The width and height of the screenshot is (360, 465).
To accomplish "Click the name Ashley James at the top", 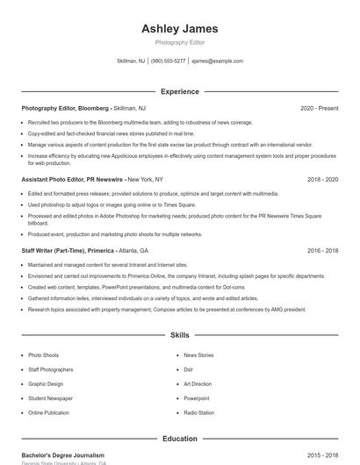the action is tap(180, 29).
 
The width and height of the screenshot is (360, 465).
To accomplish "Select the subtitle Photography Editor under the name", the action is tap(180, 43).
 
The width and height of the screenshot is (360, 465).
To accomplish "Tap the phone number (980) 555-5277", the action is tap(168, 61).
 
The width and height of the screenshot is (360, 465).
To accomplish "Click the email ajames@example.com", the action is tap(217, 61).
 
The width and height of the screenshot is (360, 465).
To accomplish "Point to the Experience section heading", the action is tap(180, 91).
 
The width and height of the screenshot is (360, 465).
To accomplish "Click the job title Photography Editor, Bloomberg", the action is tap(66, 108).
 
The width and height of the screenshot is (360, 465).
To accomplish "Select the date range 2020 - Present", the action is tap(319, 108).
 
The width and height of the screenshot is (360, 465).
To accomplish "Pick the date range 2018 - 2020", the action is tap(322, 179).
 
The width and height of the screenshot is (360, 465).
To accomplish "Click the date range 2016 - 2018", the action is tap(322, 250).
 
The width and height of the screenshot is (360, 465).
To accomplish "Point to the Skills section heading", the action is tap(180, 335).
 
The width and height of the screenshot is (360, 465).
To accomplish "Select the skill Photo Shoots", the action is tap(44, 355).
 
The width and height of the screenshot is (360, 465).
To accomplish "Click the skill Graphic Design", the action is tap(46, 383).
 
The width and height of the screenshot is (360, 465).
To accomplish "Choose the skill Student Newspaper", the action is tap(50, 398).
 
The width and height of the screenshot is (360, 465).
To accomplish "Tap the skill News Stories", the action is tap(198, 355).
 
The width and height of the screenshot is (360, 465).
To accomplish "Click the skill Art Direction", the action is tap(198, 383).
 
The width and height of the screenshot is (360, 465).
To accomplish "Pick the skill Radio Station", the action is tap(198, 412).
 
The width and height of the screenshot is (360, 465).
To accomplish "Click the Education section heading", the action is tap(180, 439).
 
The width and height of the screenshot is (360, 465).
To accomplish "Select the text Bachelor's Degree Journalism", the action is tap(63, 455).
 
